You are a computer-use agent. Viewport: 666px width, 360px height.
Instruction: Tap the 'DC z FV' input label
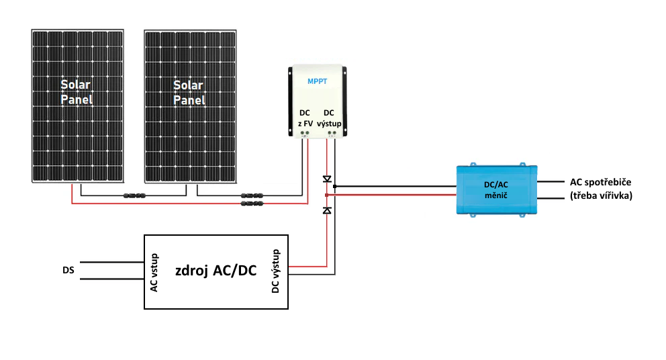click(304, 118)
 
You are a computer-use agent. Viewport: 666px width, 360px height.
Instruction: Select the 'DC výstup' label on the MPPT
click(329, 118)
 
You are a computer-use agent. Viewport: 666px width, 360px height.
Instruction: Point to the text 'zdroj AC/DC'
click(216, 271)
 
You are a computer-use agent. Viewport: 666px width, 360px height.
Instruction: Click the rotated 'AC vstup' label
click(154, 272)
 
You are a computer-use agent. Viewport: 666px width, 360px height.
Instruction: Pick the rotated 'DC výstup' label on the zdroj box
click(275, 271)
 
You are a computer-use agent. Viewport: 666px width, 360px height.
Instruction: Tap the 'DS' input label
click(68, 271)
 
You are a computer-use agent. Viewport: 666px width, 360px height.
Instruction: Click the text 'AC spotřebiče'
click(601, 183)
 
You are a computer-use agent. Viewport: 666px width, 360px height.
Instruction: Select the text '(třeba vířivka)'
click(601, 196)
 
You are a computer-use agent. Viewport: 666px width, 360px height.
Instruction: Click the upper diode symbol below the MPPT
click(327, 179)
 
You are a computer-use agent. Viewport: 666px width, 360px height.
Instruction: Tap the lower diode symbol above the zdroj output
click(327, 211)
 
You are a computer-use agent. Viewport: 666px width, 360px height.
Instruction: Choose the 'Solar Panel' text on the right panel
click(189, 93)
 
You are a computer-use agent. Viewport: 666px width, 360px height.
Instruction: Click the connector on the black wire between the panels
click(134, 195)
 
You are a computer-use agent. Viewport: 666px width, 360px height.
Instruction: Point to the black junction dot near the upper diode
click(334, 186)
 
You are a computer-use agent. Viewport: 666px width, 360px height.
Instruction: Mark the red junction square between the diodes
click(326, 195)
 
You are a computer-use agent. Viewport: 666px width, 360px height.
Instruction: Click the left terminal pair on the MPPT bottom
click(304, 134)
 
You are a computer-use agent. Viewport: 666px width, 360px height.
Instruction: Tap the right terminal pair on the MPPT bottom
click(330, 134)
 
